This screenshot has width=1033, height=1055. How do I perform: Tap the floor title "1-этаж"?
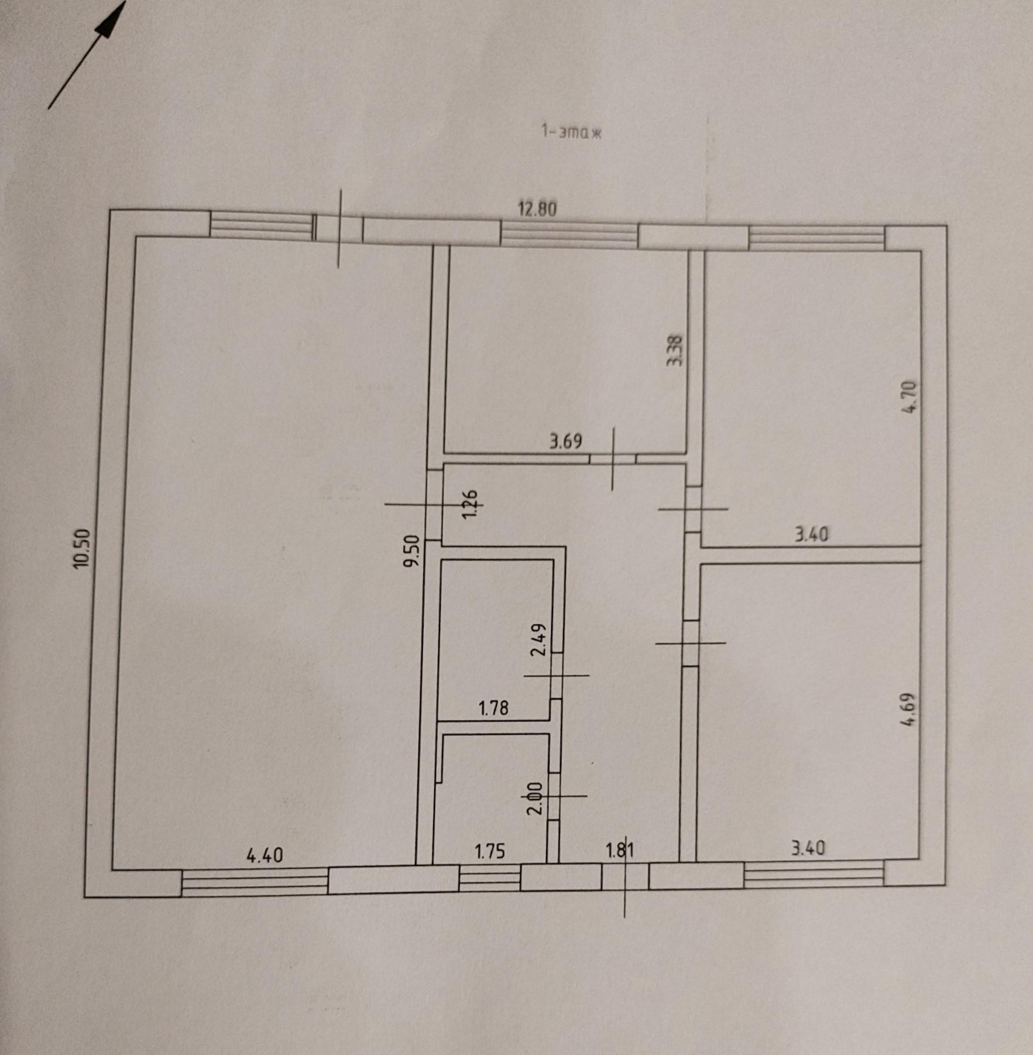coord(571,132)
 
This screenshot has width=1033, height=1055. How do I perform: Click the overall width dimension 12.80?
coord(537,208)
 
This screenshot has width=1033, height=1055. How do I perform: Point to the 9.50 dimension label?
coord(412,551)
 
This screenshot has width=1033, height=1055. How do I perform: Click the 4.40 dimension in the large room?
coord(265,856)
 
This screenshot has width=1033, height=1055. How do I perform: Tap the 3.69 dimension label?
coord(565,441)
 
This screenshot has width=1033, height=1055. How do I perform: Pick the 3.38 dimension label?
coord(675,350)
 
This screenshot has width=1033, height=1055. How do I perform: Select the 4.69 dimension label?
coord(908,710)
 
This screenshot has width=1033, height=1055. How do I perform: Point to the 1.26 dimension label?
coord(470,504)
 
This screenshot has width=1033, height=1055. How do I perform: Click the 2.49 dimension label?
coord(538,640)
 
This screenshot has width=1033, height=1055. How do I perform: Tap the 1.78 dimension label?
coord(493,709)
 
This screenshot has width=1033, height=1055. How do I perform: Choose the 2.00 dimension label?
coord(535,799)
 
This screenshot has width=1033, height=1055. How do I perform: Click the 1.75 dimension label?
coord(489,851)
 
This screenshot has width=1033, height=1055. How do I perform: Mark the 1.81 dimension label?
coord(620,850)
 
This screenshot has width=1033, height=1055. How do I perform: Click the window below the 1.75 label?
coord(489,878)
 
